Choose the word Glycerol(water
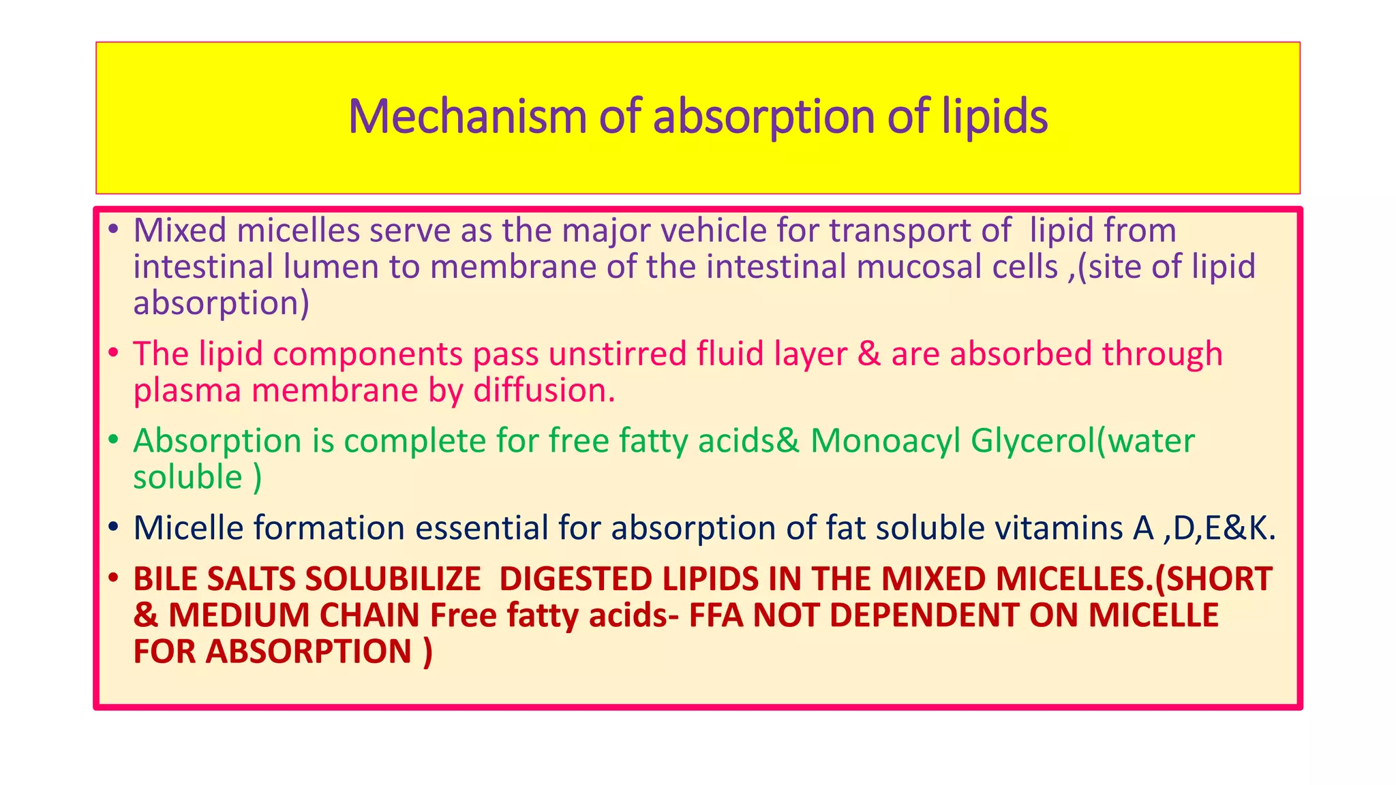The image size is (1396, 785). pyautogui.click(x=1082, y=440)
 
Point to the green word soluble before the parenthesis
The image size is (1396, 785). pyautogui.click(x=187, y=476)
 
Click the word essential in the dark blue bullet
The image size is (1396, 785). pyautogui.click(x=482, y=528)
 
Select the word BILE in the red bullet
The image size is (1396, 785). pyautogui.click(x=166, y=579)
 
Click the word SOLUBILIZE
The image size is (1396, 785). pyautogui.click(x=393, y=579)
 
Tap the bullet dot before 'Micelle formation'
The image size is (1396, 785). pyautogui.click(x=113, y=527)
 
